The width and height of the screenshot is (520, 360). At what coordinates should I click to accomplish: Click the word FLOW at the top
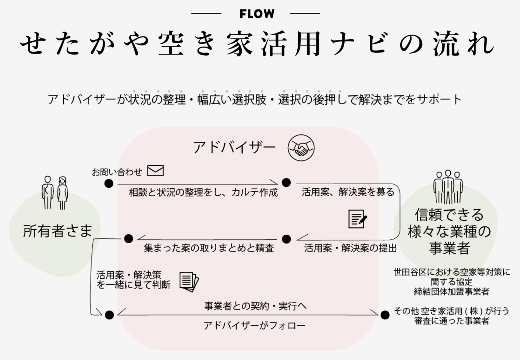[x=257, y=14]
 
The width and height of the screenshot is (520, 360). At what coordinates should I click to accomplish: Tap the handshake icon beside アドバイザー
[x=301, y=148]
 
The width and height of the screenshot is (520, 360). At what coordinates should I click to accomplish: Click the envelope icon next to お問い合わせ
[x=155, y=171]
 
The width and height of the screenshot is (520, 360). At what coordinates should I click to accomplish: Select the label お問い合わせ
[x=117, y=172]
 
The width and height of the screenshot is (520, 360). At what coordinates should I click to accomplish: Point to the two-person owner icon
[x=55, y=192]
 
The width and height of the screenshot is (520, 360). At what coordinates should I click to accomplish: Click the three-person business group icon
[x=448, y=187]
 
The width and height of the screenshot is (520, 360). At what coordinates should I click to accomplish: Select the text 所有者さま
[x=57, y=231]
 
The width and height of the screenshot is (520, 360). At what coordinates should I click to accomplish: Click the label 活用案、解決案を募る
[x=348, y=192]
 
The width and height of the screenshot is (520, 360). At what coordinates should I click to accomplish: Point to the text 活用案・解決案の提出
[x=350, y=248]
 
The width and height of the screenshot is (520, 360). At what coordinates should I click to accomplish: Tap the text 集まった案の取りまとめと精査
[x=209, y=248]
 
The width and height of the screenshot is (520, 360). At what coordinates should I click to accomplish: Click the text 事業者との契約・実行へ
[x=255, y=306]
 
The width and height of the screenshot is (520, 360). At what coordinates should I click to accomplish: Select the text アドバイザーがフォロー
[x=254, y=325]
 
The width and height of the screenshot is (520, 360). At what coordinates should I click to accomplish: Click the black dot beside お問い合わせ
[x=109, y=183]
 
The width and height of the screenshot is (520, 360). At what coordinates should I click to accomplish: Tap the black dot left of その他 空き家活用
[x=385, y=315]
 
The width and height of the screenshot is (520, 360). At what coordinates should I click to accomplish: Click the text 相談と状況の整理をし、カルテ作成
[x=203, y=192]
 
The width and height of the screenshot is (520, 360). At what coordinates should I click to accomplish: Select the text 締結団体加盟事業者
[x=452, y=291]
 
